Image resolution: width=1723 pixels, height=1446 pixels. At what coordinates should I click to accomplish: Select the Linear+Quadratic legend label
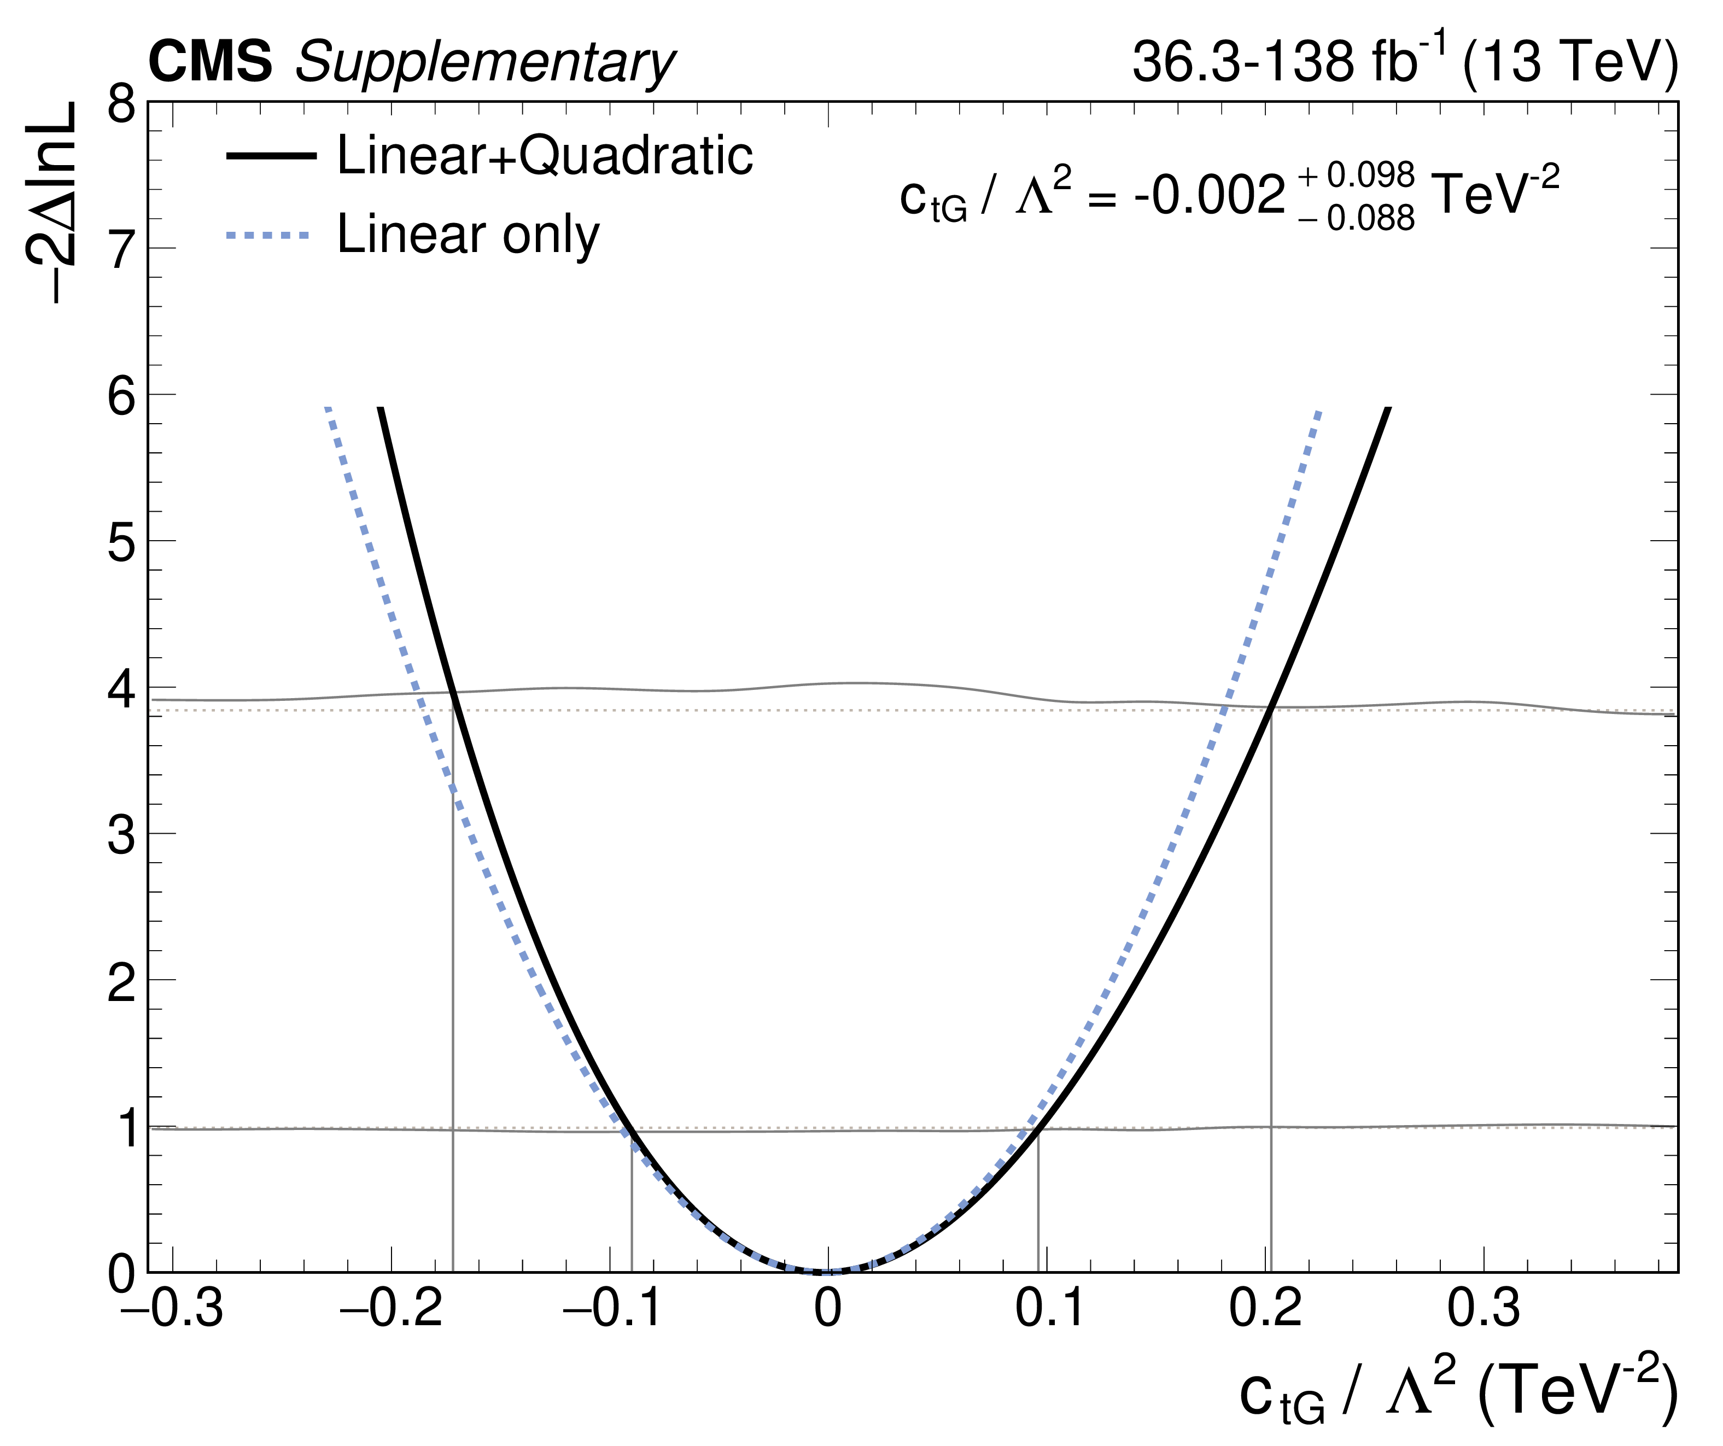click(x=545, y=155)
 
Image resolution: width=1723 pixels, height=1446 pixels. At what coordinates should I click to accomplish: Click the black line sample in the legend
click(x=271, y=156)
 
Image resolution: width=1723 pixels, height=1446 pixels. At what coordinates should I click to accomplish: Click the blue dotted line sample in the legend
click(x=268, y=236)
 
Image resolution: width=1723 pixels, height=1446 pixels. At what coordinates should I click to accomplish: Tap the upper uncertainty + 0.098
click(x=1357, y=175)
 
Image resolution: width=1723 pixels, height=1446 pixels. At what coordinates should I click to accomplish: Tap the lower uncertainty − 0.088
click(x=1357, y=218)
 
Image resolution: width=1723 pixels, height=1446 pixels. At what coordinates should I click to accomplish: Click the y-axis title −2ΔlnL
click(x=51, y=203)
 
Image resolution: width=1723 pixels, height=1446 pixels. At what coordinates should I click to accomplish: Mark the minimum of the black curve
click(x=825, y=1271)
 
